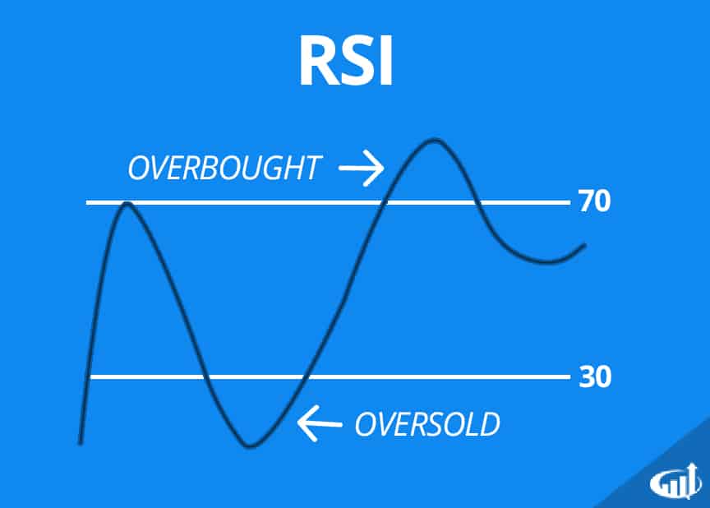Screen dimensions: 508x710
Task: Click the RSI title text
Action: point(346,62)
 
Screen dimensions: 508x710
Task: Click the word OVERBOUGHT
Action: point(223,169)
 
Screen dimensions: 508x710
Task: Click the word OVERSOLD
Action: point(426,424)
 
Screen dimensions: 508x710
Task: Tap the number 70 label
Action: point(594,202)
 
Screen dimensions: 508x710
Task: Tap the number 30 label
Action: point(594,377)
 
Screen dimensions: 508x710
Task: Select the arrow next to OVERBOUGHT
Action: point(362,169)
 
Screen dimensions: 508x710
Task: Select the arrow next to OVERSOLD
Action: point(319,424)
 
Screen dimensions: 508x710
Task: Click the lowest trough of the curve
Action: point(251,446)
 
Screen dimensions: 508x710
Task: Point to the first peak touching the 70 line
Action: point(126,202)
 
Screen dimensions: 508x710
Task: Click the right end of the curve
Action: point(585,245)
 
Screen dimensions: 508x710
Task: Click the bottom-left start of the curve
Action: point(80,442)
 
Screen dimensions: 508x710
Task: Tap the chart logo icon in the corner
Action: point(675,480)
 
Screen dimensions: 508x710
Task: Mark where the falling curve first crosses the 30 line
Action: point(201,377)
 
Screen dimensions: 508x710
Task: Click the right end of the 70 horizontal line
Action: point(567,202)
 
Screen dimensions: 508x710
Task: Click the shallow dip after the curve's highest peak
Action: point(546,262)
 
